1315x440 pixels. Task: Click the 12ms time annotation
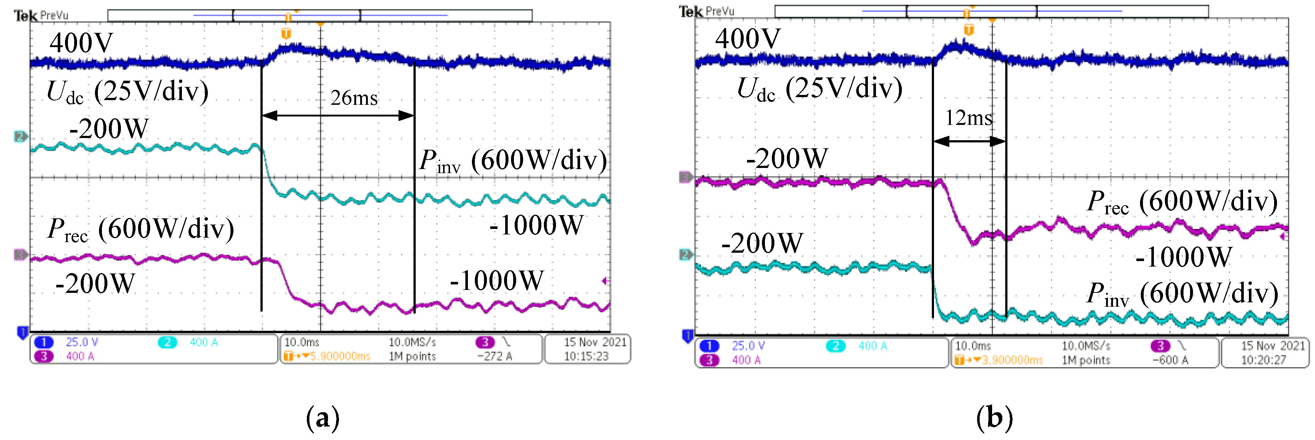click(x=968, y=118)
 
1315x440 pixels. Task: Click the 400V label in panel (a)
click(x=81, y=43)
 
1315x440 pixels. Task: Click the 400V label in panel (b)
click(x=747, y=39)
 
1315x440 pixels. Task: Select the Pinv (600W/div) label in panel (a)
click(x=513, y=161)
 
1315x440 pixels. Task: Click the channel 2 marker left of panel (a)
click(x=20, y=137)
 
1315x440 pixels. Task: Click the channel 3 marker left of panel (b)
click(x=686, y=177)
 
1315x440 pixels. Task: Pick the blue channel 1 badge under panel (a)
click(x=44, y=343)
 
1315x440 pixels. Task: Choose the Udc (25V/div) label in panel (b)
click(x=819, y=89)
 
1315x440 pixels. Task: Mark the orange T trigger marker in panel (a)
click(x=286, y=34)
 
